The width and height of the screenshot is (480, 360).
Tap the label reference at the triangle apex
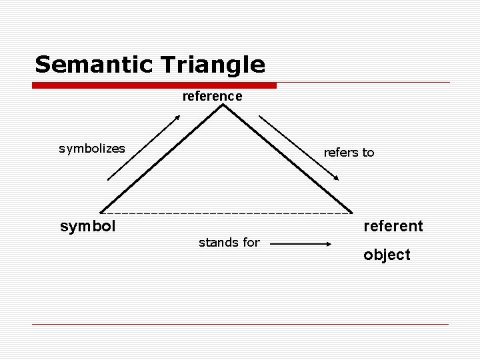(x=212, y=96)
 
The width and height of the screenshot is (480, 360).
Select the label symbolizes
(x=91, y=149)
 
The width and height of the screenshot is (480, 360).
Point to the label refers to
(x=349, y=153)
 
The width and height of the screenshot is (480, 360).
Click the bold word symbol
(x=88, y=226)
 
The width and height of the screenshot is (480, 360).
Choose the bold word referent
(x=393, y=226)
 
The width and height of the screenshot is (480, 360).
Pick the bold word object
(x=387, y=255)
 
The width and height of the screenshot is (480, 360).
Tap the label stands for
(x=229, y=243)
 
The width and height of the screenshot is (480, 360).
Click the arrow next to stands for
(x=300, y=245)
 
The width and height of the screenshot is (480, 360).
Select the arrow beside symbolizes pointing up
(x=144, y=147)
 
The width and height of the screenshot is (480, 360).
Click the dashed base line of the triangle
(x=227, y=214)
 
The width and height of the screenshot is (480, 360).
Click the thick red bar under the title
(x=155, y=85)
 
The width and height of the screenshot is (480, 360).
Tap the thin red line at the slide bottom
(x=240, y=324)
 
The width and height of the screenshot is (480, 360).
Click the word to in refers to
(x=368, y=153)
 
